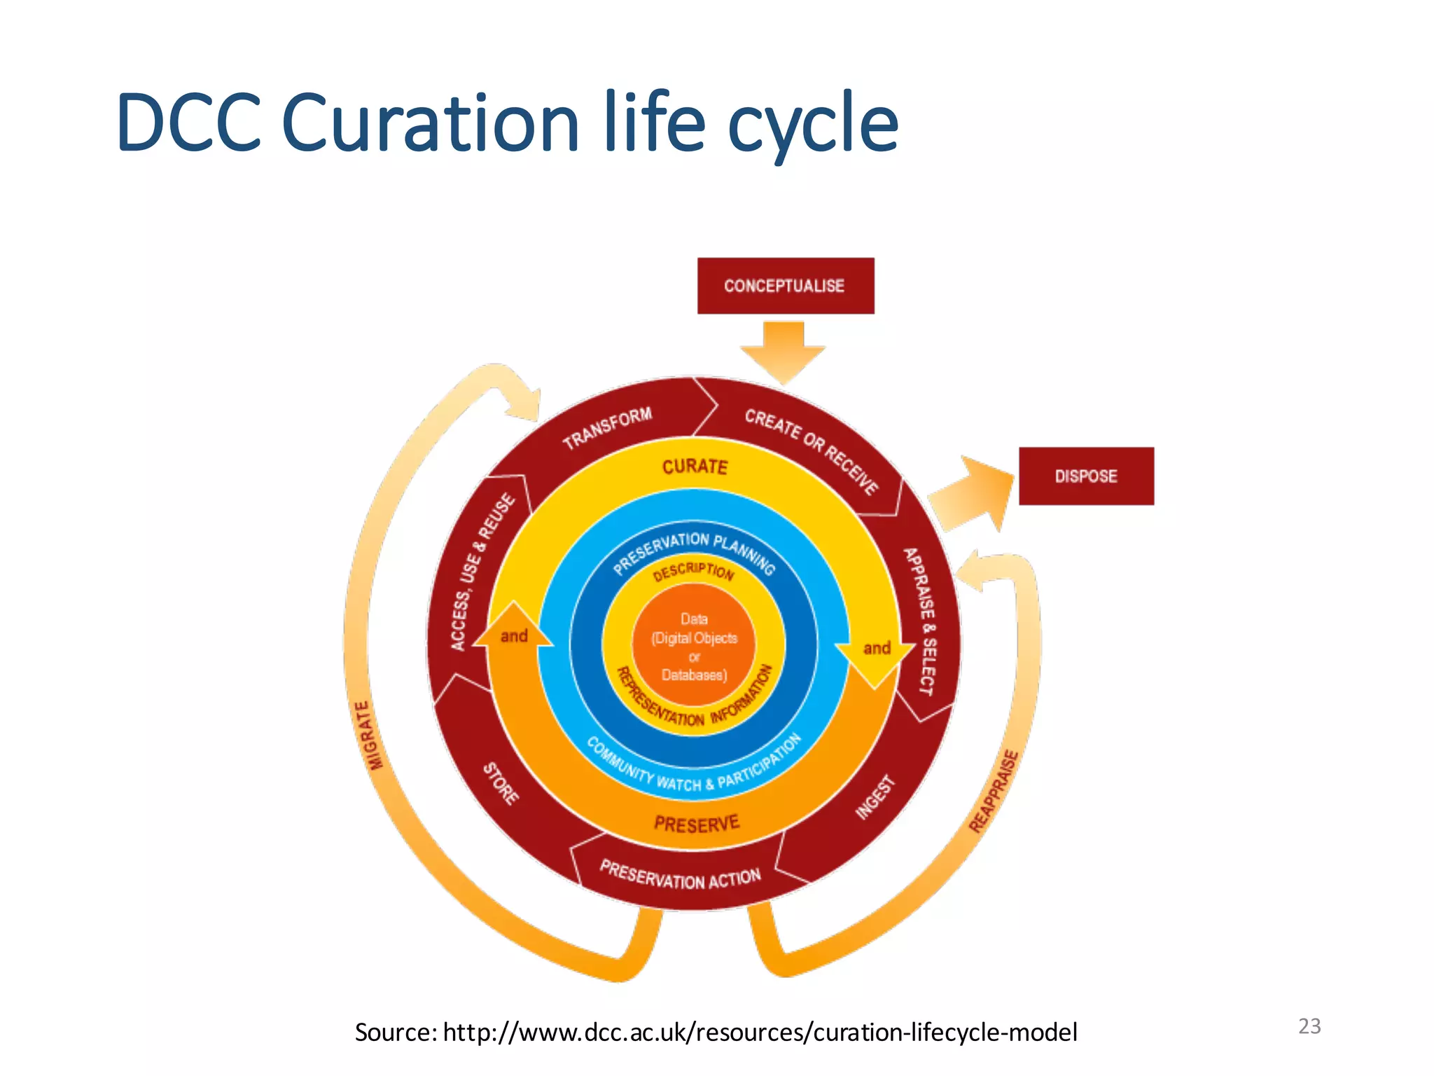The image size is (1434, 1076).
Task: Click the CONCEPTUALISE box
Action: pyautogui.click(x=785, y=286)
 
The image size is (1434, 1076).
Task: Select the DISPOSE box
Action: pyautogui.click(x=1085, y=476)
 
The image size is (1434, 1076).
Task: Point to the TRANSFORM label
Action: pyautogui.click(x=607, y=427)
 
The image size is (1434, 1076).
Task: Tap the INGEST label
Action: pyautogui.click(x=875, y=797)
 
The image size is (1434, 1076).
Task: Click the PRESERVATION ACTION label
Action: pyautogui.click(x=680, y=876)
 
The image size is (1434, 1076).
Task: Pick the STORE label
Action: pyautogui.click(x=501, y=784)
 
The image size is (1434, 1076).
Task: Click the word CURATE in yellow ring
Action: pyautogui.click(x=695, y=467)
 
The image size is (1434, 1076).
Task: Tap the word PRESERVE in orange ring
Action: pyautogui.click(x=696, y=824)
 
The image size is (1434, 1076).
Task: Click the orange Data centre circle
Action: pyautogui.click(x=694, y=647)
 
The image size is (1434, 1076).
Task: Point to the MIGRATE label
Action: pyautogui.click(x=370, y=736)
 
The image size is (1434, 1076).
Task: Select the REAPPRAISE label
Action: pyautogui.click(x=994, y=792)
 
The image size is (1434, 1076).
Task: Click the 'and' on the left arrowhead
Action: pyautogui.click(x=514, y=636)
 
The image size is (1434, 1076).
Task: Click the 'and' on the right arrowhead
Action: pyautogui.click(x=877, y=648)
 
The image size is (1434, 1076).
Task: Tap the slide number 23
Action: pyautogui.click(x=1309, y=1026)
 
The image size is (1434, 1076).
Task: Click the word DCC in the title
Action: pyautogui.click(x=189, y=123)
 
